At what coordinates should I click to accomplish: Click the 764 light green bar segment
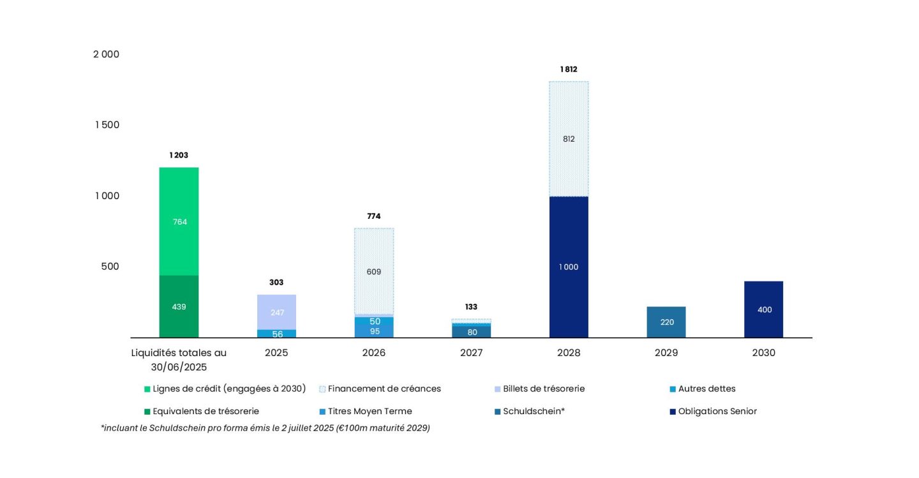coord(179,221)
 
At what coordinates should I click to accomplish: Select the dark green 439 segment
coord(179,306)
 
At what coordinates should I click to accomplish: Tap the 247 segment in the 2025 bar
coord(276,312)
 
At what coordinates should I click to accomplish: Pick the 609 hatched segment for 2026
coord(374,271)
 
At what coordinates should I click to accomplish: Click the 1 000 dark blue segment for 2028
coord(569,267)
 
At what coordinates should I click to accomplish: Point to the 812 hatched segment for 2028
coord(569,138)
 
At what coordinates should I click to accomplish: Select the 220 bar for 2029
coord(666,322)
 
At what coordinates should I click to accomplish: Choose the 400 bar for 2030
coord(764,310)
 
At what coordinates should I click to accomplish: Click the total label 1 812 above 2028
coord(569,69)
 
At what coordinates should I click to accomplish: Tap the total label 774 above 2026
coord(374,216)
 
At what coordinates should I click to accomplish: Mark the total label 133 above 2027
coord(472,307)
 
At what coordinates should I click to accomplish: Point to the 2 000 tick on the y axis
coord(107,54)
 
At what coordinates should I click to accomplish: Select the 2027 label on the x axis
coord(472,352)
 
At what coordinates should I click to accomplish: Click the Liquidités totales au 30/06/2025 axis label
coord(179,359)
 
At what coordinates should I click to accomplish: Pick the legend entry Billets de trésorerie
coord(543,388)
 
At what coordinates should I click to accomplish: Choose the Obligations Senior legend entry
coord(717,411)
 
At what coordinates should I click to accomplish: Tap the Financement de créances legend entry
coord(384,388)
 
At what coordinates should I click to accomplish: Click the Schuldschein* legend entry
coord(534,411)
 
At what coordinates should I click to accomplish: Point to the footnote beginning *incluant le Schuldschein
coord(265,428)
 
